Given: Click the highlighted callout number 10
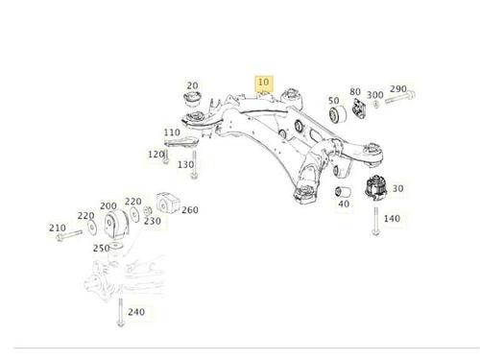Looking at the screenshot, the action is [263, 83].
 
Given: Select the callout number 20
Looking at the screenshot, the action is [192, 85].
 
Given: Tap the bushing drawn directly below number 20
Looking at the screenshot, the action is [192, 99].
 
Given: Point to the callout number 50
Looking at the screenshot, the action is [334, 101].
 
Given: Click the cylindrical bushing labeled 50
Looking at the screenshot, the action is [338, 114].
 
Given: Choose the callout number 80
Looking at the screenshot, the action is [355, 92].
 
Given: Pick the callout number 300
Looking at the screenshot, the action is [375, 95].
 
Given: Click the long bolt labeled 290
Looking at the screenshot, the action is [400, 97].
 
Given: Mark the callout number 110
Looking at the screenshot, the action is [172, 132].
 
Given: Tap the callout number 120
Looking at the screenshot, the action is [156, 155].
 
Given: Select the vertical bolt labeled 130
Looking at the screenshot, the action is [194, 164].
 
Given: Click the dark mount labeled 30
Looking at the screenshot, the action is [376, 188].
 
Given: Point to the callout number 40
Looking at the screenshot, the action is [344, 204].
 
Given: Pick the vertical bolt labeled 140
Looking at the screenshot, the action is [376, 221].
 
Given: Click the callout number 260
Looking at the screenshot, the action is [190, 210].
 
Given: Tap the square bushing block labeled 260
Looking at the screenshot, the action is [168, 203].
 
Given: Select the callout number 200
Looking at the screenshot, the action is [108, 205].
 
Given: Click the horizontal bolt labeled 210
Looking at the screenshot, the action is [69, 235].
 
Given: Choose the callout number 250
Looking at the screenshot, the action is [102, 248].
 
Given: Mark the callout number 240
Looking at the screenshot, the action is [136, 312].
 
